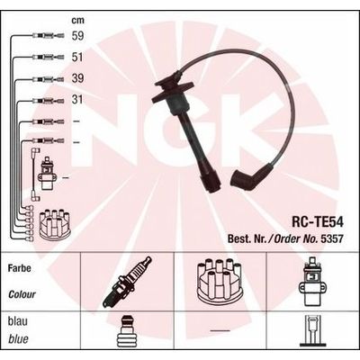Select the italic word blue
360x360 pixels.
[x=17, y=340]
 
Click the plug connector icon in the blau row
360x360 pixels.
[x=126, y=336]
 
